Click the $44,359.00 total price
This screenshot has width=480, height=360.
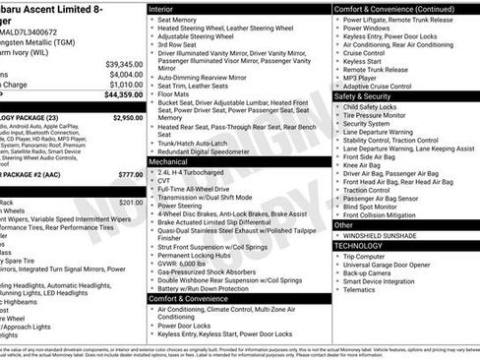coord(122,94)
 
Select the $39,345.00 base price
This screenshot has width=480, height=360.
coord(124,63)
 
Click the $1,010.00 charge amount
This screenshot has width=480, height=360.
coord(125,85)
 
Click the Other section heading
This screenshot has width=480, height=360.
coord(344,225)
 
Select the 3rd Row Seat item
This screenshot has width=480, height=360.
coord(178,44)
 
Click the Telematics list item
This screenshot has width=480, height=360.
coord(361,290)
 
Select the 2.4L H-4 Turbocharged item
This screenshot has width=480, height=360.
coord(191,171)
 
